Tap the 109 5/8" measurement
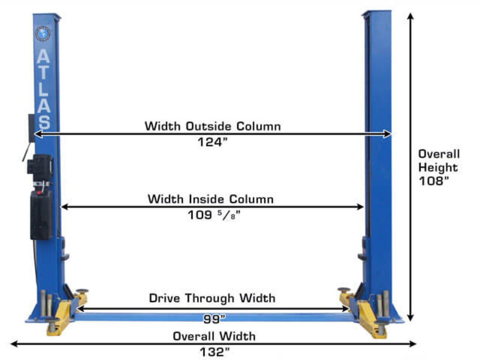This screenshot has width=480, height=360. (x=214, y=215)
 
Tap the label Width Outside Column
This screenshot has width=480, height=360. (x=212, y=126)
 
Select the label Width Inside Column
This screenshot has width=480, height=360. (x=210, y=199)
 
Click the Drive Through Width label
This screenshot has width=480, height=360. (x=212, y=298)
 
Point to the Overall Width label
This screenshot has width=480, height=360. (x=214, y=336)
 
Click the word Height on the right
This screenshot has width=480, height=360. (x=438, y=167)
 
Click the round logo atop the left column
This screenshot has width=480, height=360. (x=43, y=33)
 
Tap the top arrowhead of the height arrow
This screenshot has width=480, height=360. (x=410, y=16)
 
